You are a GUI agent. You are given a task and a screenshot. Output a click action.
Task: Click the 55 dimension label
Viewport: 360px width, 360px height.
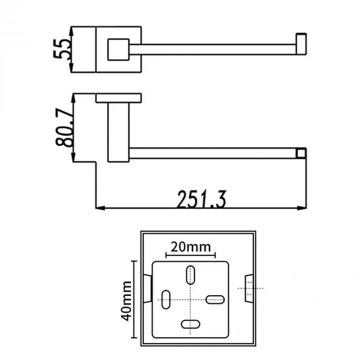click(x=61, y=49)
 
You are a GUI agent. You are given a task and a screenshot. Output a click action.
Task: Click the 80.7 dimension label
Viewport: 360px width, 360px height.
click(x=65, y=128)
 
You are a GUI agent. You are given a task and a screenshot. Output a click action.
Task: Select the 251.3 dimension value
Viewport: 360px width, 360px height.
click(x=202, y=199)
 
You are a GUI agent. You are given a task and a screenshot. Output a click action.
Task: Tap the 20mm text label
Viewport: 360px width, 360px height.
click(x=190, y=247)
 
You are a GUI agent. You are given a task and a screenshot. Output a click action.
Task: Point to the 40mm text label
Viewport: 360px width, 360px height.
click(x=126, y=301)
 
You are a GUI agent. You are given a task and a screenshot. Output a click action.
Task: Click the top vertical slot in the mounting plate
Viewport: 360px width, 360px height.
click(x=190, y=275)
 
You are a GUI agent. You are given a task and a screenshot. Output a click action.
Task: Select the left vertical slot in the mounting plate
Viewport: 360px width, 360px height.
click(x=166, y=300)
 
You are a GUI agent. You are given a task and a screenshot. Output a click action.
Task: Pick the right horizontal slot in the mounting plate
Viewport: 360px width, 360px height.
click(x=215, y=300)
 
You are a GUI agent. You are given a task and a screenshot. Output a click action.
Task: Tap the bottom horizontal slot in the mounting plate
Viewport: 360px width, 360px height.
click(x=190, y=324)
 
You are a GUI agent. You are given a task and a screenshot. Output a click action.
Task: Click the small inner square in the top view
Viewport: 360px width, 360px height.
click(x=118, y=49)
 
